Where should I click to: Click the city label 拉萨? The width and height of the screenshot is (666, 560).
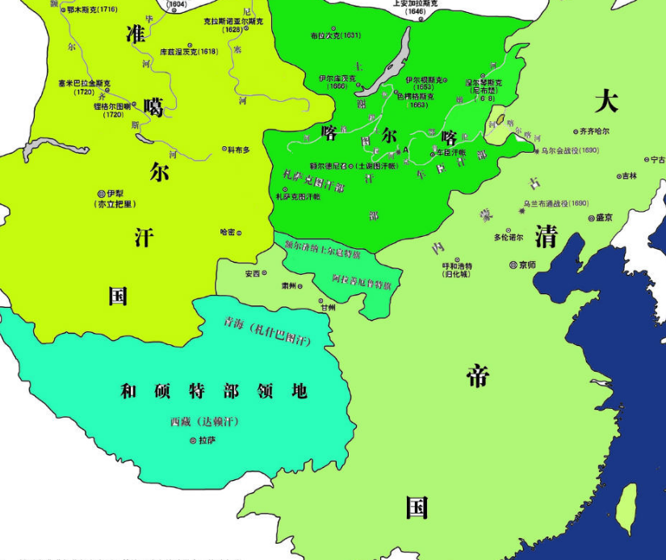(207, 440)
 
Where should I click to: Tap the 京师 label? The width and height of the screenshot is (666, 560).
(527, 265)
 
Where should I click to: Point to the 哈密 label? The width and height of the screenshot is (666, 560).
(227, 232)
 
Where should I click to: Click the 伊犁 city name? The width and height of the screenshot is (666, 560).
(118, 194)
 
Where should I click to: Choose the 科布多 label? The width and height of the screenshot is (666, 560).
(239, 149)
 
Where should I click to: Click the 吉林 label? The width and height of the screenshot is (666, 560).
(629, 175)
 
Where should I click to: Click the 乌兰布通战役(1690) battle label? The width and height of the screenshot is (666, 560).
(556, 204)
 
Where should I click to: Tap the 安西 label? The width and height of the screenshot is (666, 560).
(253, 273)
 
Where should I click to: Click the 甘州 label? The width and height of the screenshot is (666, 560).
(328, 307)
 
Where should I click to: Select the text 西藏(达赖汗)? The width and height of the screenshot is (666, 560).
(205, 422)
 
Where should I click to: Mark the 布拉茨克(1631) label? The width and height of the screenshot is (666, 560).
(336, 36)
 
